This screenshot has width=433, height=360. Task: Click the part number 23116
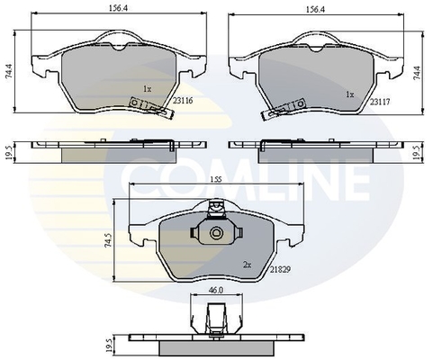(x=183, y=101)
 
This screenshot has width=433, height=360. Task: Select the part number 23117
(x=380, y=102)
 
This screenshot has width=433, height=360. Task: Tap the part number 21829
(x=280, y=270)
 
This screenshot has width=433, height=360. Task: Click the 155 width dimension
(x=216, y=179)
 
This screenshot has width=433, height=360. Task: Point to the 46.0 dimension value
(x=216, y=291)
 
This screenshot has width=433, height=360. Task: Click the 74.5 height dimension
(x=109, y=239)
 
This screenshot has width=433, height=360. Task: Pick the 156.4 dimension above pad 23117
(x=315, y=9)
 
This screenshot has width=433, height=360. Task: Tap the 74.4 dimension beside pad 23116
(x=9, y=71)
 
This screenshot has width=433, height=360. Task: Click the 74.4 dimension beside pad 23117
(x=417, y=72)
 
